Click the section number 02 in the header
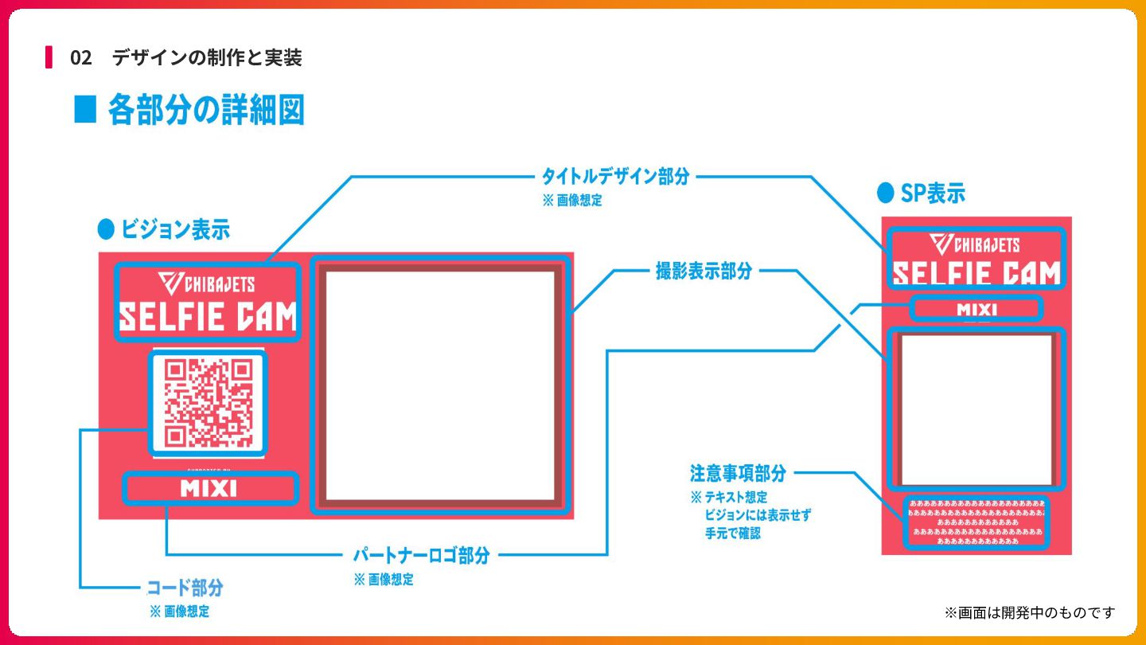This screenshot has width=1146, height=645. coord(80,57)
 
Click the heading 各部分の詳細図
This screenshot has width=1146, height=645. coord(205,110)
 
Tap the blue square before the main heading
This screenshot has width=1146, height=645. coord(85,110)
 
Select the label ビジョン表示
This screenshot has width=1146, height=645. coord(175,230)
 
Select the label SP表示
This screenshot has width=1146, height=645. coord(932,193)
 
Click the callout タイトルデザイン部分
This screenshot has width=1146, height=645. coord(615,176)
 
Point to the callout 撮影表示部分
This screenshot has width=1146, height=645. coord(704,271)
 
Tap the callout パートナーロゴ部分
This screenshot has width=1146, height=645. coord(421,555)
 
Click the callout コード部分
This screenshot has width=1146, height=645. coord(185,588)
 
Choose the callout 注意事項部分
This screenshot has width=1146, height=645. coord(738,473)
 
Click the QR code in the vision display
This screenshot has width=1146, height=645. coord(209,403)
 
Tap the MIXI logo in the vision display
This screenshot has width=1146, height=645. coord(209,488)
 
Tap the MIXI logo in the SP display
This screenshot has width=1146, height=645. coord(976,309)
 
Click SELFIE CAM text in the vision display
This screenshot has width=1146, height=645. coord(207,317)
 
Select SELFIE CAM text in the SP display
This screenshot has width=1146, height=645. coord(976,273)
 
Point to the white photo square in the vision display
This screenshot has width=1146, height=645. coord(440,386)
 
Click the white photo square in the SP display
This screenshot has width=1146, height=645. coord(976,409)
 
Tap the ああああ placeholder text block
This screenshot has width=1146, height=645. coord(976,522)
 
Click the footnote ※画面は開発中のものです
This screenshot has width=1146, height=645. coord(1030,612)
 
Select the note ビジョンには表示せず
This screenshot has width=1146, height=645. coord(758,515)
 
